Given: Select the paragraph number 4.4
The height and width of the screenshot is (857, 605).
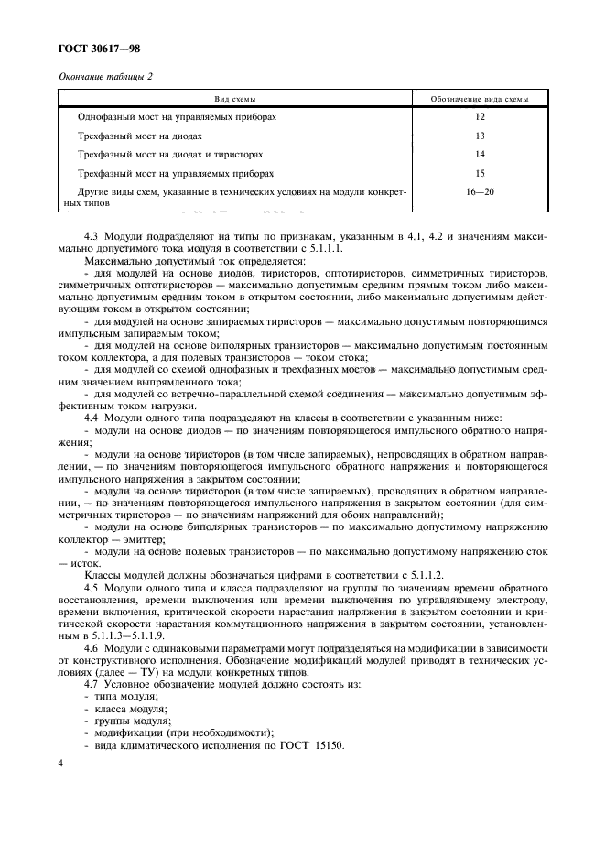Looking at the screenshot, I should (92, 416).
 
